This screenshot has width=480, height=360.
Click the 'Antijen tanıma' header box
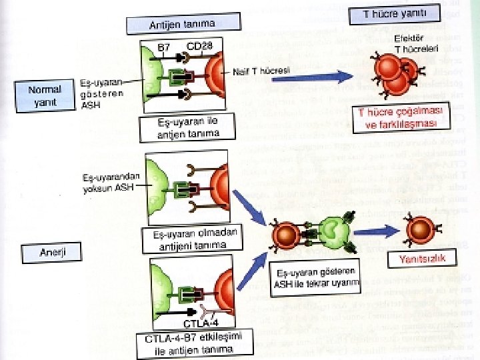182,24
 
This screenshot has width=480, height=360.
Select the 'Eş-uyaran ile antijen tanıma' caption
187,127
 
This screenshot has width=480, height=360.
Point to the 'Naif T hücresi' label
261,71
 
